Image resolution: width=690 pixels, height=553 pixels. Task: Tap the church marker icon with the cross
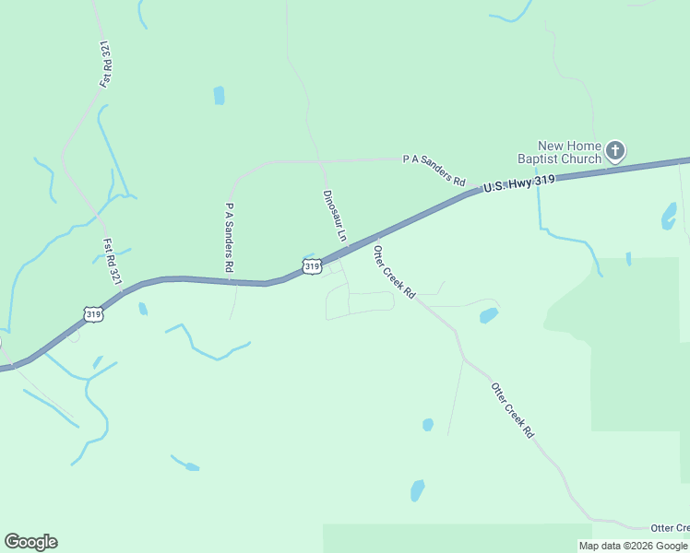615,149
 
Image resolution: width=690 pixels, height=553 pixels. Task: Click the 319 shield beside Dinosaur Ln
312,266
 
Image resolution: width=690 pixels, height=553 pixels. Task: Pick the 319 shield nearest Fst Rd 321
93,314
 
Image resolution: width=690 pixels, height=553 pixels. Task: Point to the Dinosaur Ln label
335,216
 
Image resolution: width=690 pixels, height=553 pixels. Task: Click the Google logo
30,542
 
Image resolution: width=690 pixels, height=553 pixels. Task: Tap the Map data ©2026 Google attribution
634,546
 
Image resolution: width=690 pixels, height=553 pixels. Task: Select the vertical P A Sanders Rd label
229,237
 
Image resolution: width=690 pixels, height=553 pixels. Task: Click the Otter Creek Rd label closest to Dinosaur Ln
395,269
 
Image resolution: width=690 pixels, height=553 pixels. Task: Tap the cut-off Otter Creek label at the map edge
669,528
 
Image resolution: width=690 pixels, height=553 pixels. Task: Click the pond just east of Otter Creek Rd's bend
488,315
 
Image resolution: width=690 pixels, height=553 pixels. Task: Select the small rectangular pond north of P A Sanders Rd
219,95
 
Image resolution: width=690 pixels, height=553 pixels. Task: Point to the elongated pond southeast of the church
669,216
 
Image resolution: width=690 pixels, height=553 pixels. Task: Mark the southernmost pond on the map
417,489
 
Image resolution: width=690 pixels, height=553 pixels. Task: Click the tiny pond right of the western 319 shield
143,309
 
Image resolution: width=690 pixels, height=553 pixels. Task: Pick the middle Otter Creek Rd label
513,409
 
